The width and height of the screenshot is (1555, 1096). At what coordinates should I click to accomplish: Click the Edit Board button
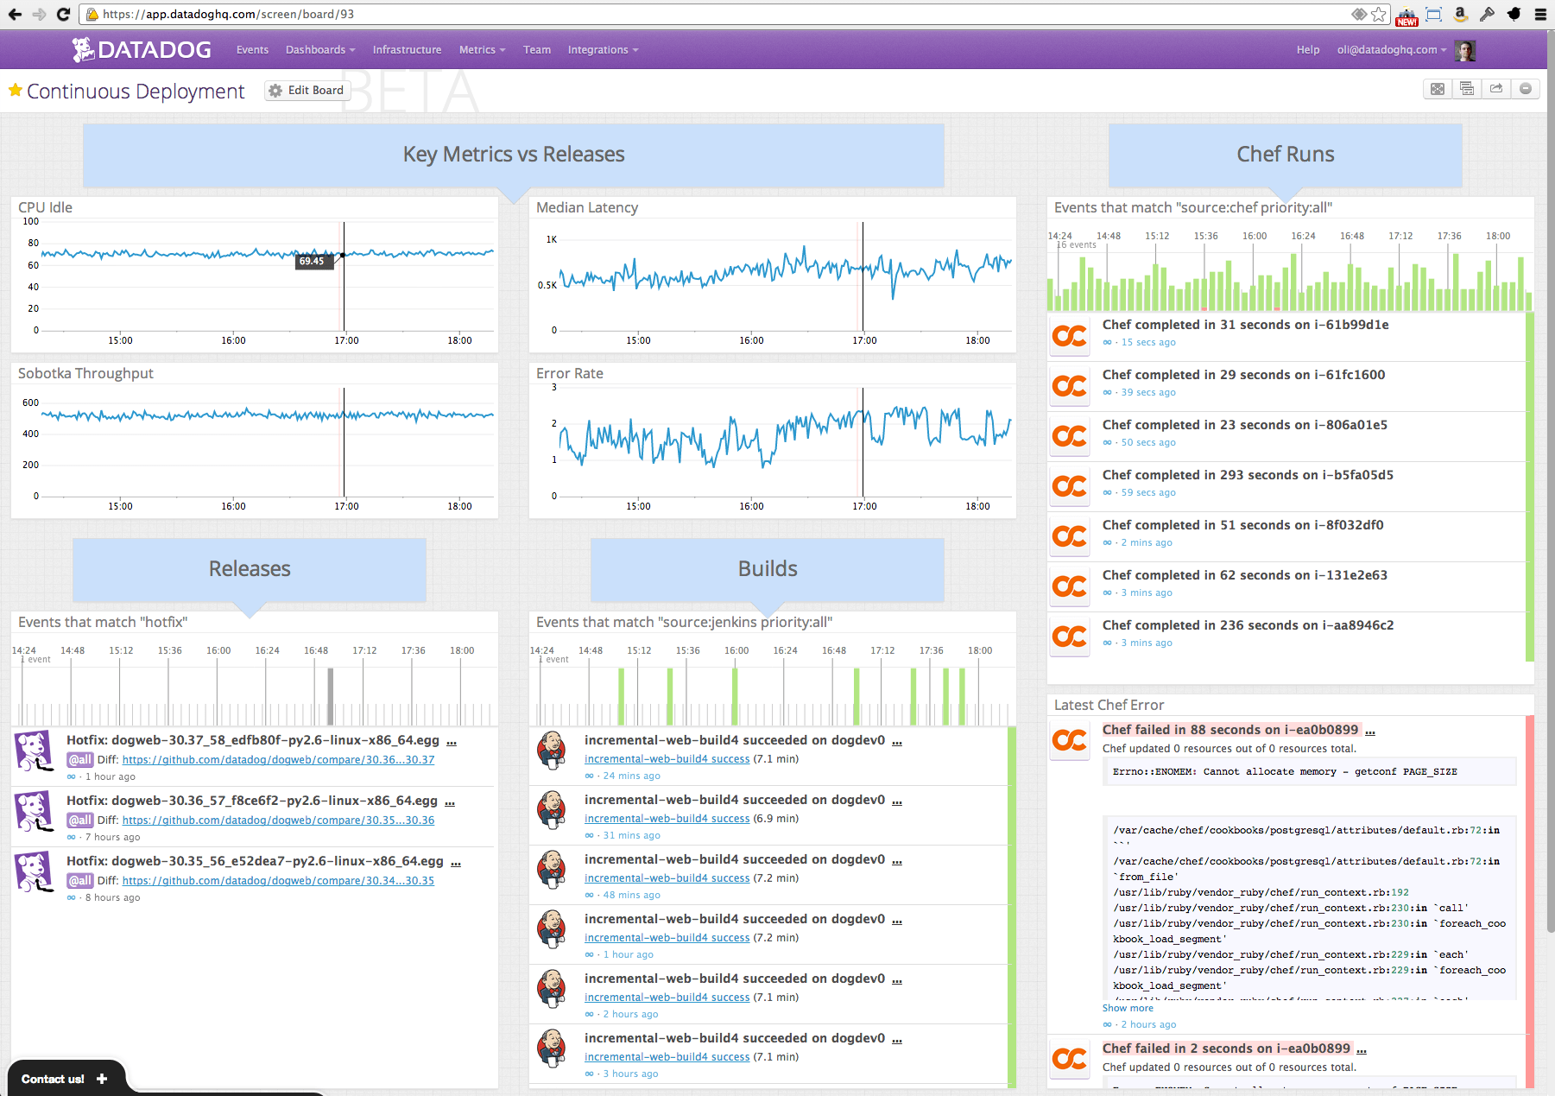click(x=307, y=91)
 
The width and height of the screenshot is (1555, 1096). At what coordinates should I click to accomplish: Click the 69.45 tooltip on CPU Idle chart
click(x=313, y=261)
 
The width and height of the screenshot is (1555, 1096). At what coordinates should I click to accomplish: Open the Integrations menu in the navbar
click(x=603, y=50)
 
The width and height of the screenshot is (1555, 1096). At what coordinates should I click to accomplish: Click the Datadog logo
click(x=142, y=50)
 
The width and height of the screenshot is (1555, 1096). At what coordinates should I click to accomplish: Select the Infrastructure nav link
click(x=407, y=50)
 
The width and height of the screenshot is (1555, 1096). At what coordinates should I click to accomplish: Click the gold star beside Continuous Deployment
click(x=15, y=90)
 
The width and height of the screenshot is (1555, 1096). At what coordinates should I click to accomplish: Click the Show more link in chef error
click(x=1127, y=1008)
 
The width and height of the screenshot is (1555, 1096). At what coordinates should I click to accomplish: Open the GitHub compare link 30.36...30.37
click(x=278, y=760)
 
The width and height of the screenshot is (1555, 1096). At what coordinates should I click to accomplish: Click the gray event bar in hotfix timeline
click(x=330, y=695)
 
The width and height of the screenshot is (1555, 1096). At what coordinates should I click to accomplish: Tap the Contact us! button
click(x=64, y=1079)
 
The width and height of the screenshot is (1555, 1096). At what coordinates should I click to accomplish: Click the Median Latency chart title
click(x=586, y=207)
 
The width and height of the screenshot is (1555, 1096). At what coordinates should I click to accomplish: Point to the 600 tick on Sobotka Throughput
click(x=30, y=402)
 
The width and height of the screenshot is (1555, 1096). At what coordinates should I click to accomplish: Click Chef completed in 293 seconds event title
click(x=1247, y=475)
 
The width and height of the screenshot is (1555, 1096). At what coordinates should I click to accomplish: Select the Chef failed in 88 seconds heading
click(x=1229, y=730)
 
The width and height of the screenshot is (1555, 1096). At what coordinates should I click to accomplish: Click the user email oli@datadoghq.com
click(x=1387, y=50)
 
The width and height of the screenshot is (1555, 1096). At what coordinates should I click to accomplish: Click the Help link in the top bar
click(x=1307, y=50)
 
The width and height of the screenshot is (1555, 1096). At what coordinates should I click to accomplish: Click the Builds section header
click(x=767, y=568)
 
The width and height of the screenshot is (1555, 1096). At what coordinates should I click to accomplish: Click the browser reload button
click(x=63, y=14)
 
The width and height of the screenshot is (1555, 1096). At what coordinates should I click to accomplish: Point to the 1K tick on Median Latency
click(x=551, y=239)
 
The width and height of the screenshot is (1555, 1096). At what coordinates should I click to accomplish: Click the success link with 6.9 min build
click(x=667, y=819)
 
